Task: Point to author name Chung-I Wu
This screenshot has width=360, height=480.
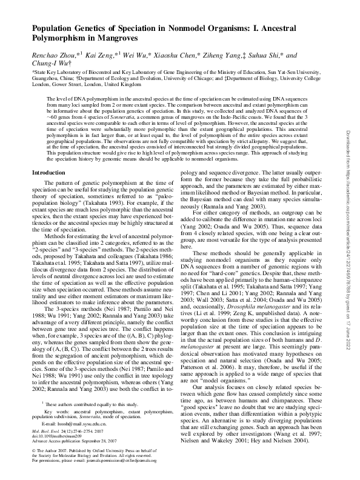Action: [50, 63]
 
